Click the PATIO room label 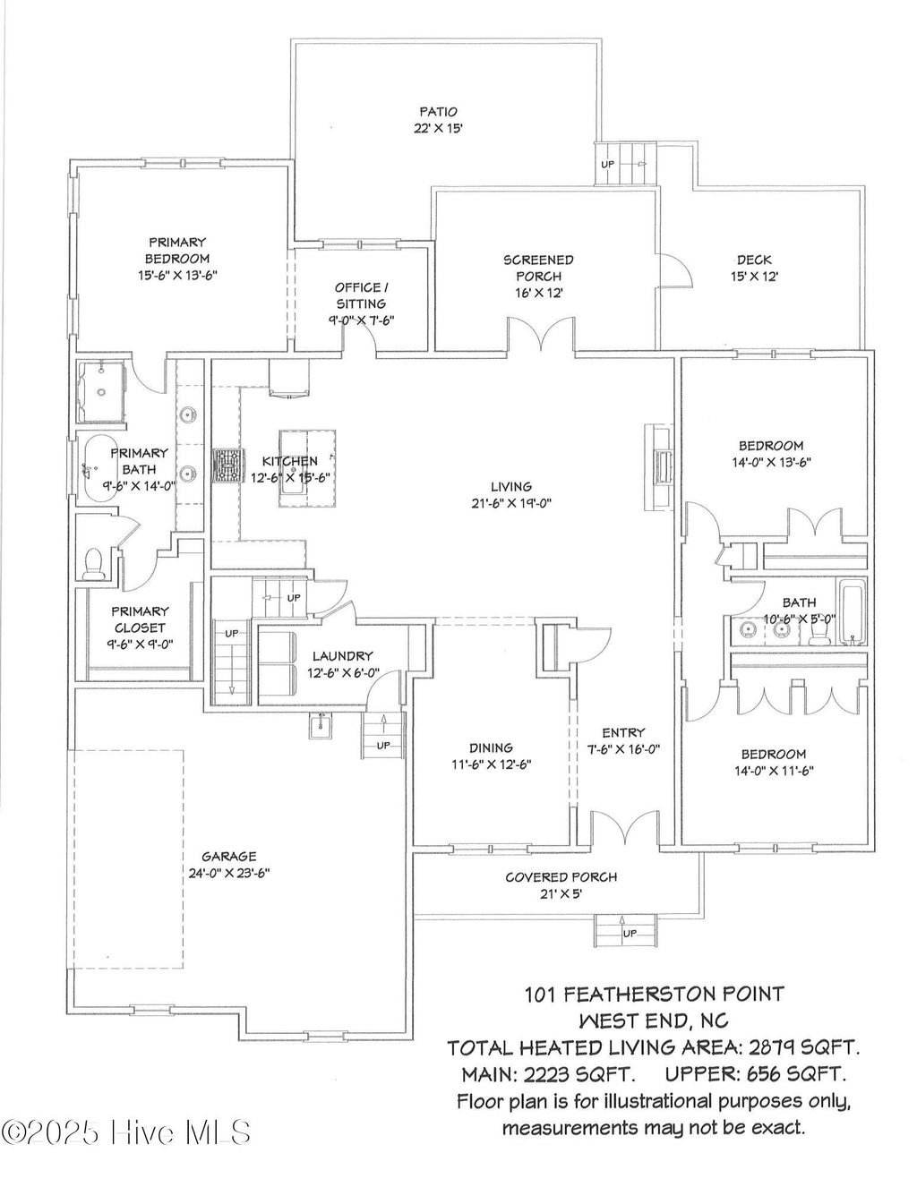pos(439,112)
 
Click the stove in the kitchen pos(227,465)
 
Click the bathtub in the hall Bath pos(853,613)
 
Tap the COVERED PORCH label pos(561,877)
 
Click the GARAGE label pos(228,857)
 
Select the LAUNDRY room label pos(342,656)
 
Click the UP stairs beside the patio pos(626,164)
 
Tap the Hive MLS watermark pos(125,1132)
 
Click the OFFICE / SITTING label pos(361,295)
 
